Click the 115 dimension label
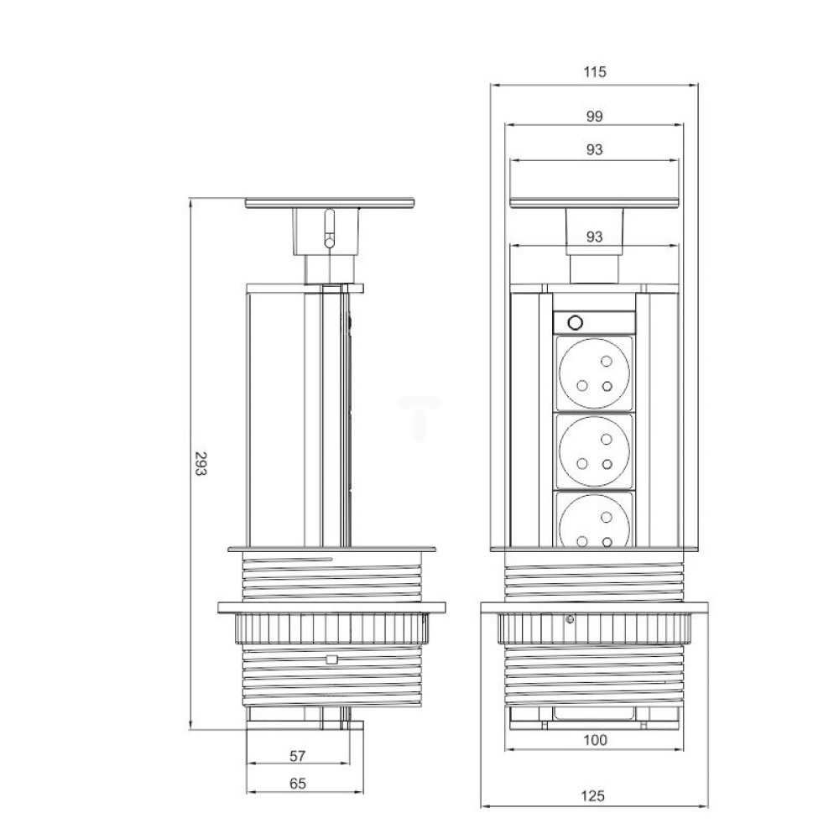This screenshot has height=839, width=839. (x=595, y=71)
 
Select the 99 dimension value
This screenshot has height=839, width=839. (x=595, y=116)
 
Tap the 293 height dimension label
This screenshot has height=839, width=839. (x=200, y=464)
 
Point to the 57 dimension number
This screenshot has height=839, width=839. (x=298, y=756)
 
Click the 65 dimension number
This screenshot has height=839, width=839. (x=298, y=784)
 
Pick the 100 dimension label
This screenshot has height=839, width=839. (x=595, y=740)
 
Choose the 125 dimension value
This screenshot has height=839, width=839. (x=593, y=795)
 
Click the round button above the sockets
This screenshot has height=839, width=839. (x=576, y=323)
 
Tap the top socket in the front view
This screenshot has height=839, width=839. (x=595, y=373)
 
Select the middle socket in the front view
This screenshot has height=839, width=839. (x=595, y=451)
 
